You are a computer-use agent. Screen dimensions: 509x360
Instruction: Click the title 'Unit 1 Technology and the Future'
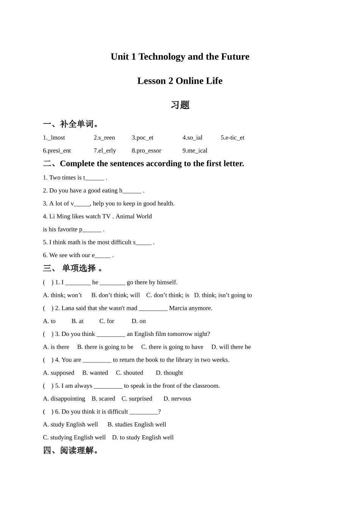point(180,57)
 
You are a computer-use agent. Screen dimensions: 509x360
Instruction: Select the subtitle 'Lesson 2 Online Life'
point(180,81)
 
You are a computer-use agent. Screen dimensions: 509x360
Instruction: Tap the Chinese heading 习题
point(180,105)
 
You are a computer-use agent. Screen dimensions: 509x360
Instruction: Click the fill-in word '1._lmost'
point(54,138)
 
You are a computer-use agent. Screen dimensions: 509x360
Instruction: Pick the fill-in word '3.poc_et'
point(142,138)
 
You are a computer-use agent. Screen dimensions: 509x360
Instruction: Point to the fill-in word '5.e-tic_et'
point(232,138)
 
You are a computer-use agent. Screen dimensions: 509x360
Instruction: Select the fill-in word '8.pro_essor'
point(146,151)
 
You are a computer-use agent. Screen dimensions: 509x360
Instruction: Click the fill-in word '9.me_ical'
point(195,151)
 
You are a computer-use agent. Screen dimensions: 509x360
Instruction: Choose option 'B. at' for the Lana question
point(77,321)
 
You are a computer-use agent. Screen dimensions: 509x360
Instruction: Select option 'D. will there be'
point(231,347)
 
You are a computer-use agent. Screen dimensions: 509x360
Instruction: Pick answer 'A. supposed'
point(59,373)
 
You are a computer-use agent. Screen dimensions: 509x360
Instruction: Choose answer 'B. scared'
point(103,399)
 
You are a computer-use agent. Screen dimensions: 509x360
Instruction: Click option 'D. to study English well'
point(143,437)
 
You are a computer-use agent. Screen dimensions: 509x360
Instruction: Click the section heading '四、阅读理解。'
point(71,450)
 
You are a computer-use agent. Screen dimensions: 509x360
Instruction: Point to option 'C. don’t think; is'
point(167,295)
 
